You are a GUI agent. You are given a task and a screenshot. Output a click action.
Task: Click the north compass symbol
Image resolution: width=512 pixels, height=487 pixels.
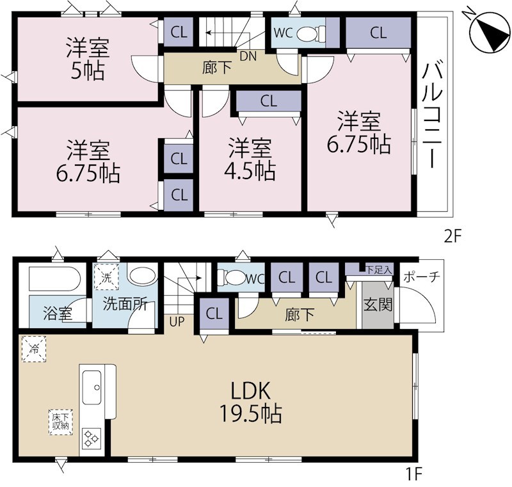489,31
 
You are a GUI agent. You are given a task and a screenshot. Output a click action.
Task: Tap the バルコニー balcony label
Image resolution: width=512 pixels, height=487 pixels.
433,116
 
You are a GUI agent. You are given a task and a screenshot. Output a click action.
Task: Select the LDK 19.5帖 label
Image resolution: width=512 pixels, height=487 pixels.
251,403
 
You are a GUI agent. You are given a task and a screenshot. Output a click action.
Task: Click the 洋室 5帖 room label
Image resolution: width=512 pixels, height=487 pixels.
88,59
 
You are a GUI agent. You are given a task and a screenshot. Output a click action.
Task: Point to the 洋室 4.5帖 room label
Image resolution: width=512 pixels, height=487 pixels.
250,159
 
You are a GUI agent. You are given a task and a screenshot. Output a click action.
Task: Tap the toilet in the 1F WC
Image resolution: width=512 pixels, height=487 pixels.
231,278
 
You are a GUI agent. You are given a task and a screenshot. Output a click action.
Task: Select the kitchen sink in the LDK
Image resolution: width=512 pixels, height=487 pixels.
92,387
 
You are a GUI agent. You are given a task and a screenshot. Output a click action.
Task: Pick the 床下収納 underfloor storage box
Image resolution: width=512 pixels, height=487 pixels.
60,422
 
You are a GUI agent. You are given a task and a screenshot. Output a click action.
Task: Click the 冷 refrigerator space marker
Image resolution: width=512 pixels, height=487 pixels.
34,349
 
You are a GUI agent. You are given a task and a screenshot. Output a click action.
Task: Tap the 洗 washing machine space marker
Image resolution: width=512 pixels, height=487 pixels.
106,277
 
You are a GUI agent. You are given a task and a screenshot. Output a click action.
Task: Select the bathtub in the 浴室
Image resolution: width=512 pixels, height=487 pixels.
55,279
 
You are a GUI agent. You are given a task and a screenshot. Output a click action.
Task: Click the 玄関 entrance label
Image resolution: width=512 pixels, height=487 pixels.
378,305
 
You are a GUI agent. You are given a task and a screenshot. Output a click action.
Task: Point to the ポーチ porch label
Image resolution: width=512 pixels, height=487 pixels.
422,277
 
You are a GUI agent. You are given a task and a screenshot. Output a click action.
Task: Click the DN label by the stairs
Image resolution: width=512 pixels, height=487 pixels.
248,56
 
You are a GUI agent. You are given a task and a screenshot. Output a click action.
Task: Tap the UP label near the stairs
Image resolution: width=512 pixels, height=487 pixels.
177,321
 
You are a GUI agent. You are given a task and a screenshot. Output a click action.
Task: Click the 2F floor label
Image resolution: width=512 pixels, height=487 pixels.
452,237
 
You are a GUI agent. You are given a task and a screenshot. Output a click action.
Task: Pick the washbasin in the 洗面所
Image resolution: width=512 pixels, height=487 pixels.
142,276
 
